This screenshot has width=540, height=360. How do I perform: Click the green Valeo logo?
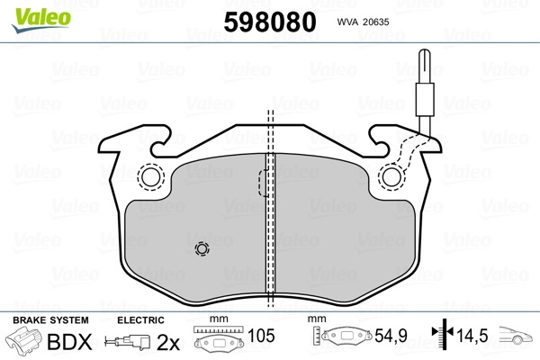41,20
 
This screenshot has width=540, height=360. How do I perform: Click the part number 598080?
270,22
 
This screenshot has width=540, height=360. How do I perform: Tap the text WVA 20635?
363,22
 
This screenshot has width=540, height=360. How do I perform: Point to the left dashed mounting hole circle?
151,177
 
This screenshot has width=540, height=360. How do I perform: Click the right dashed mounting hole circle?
391,177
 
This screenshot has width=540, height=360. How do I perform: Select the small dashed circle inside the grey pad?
202,248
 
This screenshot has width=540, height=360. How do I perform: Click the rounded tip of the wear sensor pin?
425,51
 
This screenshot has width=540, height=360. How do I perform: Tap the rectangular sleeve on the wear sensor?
425,99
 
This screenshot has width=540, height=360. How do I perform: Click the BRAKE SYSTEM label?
50,320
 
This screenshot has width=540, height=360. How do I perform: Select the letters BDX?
69,342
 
